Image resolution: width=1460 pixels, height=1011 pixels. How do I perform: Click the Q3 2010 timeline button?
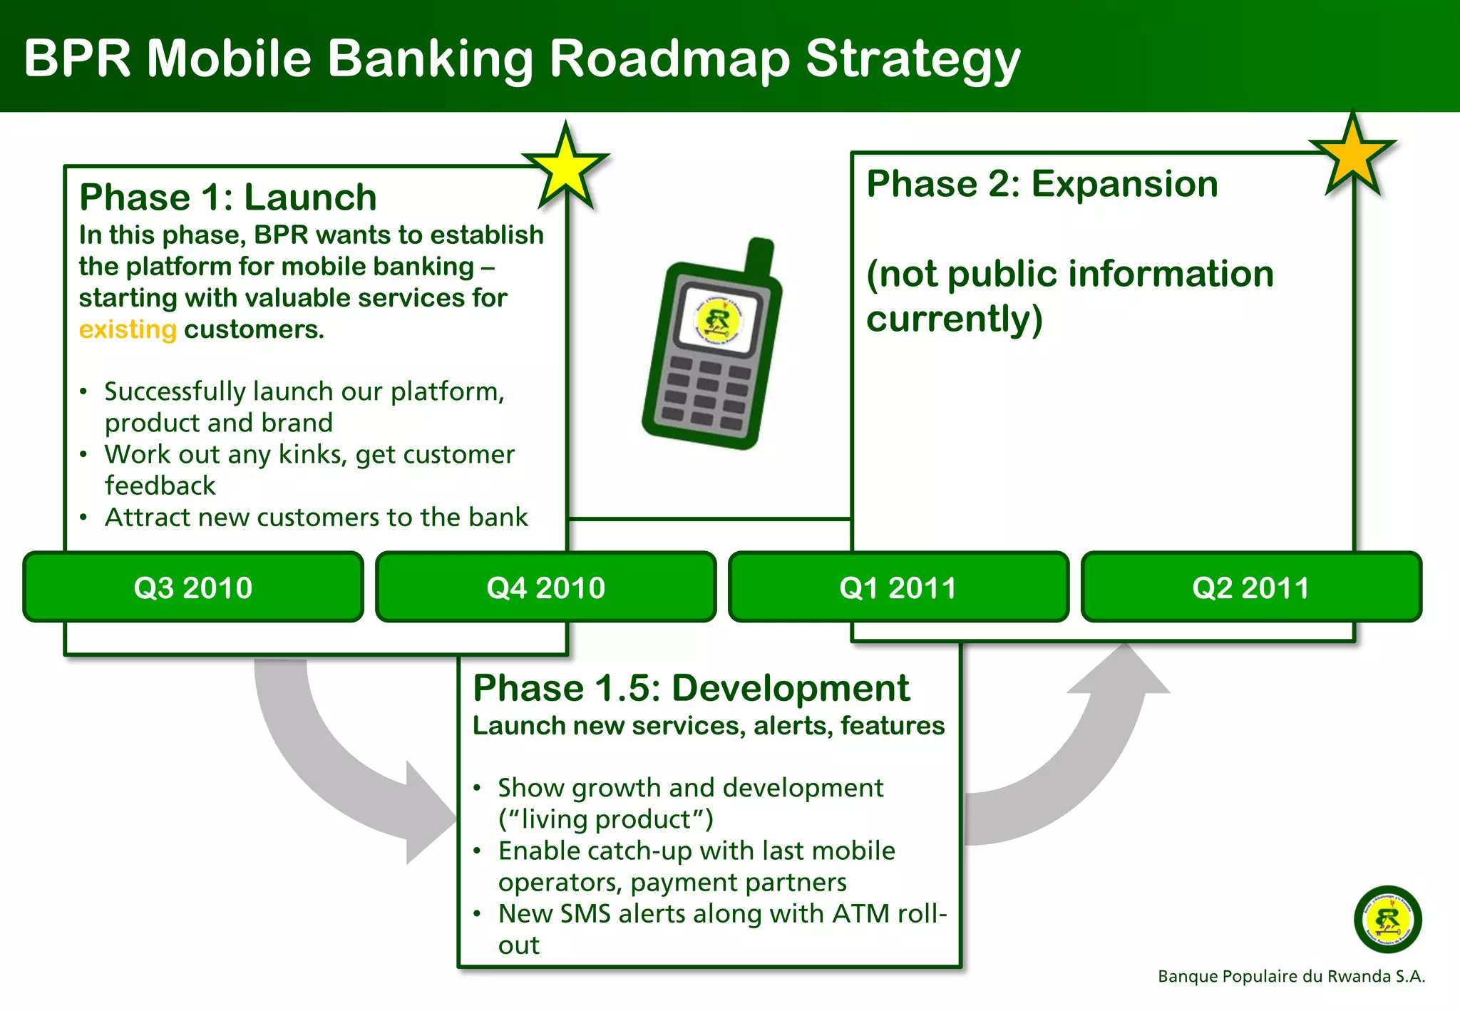coord(192,587)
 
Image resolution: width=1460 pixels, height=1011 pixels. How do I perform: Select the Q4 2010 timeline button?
coord(545,587)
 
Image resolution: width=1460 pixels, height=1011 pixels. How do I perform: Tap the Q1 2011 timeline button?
coord(898,587)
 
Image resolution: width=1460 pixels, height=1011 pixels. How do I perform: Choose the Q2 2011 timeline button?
coord(1251,587)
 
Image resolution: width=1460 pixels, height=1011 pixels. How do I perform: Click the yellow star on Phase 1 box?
coord(565,168)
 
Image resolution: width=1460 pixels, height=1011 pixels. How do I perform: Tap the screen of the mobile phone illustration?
coord(719,320)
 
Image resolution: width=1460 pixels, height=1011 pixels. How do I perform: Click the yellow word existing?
coord(128,330)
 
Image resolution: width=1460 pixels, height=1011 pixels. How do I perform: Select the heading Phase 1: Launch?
coord(228,197)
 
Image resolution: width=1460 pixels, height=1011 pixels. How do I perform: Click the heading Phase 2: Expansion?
coord(1042,184)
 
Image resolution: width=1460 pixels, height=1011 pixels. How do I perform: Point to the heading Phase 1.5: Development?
coord(691,688)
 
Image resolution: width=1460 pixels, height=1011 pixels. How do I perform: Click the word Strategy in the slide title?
coord(913,58)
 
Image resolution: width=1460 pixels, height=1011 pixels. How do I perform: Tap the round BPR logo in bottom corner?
coord(1387,919)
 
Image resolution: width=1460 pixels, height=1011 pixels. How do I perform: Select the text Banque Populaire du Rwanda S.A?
coord(1291,976)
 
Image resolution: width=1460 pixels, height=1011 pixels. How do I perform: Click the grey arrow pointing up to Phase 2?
coord(1084,763)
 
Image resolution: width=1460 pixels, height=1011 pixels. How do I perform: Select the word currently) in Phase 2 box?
coord(954,319)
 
